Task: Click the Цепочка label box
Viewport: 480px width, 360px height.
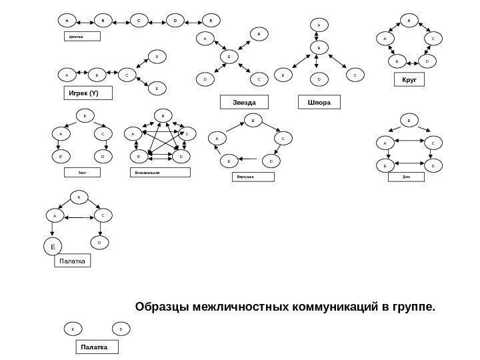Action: click(81, 36)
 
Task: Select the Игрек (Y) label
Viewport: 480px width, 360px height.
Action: click(87, 93)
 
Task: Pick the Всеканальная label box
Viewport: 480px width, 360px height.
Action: click(160, 173)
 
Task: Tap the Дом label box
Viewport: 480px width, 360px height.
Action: click(406, 177)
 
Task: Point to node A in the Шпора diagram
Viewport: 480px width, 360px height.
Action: click(318, 27)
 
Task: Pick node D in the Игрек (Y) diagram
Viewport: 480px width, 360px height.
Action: click(157, 58)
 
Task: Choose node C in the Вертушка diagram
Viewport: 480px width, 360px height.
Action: click(283, 139)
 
